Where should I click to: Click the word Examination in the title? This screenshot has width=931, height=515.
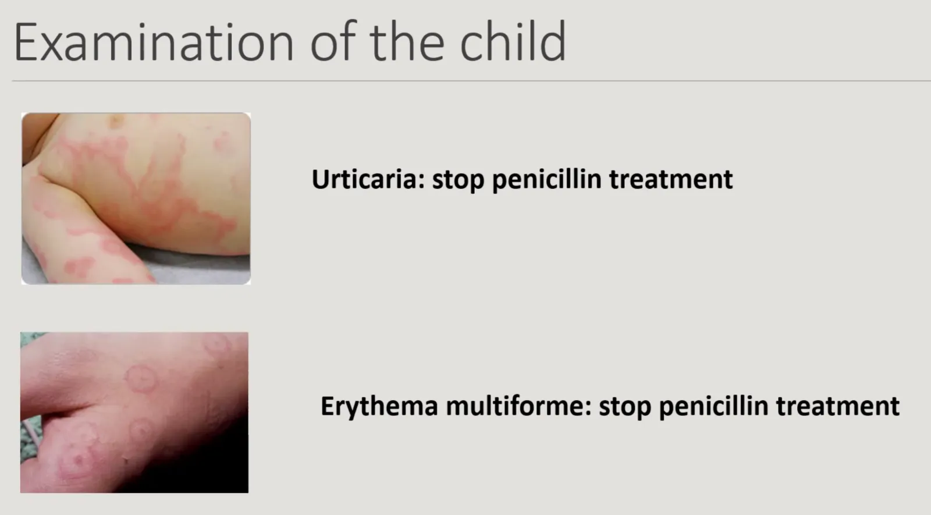154,42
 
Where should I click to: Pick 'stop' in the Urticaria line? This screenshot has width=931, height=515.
459,181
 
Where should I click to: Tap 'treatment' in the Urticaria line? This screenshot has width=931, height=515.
671,180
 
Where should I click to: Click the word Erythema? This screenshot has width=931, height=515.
379,407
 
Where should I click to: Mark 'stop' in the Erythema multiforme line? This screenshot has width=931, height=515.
625,407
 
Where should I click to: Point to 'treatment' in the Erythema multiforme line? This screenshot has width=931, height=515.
838,407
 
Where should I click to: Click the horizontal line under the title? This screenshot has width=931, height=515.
471,81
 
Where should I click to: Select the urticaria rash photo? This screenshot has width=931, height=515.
136,198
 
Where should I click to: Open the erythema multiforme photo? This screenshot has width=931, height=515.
134,413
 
